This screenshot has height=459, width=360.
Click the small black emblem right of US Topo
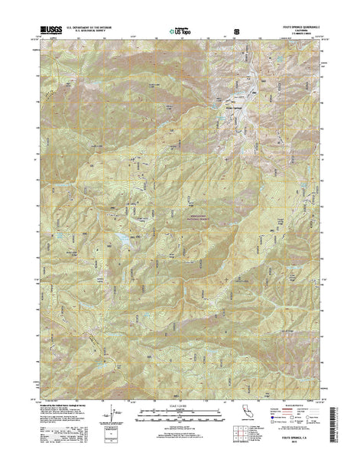click(237, 31)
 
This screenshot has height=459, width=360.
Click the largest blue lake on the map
click(121, 246)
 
